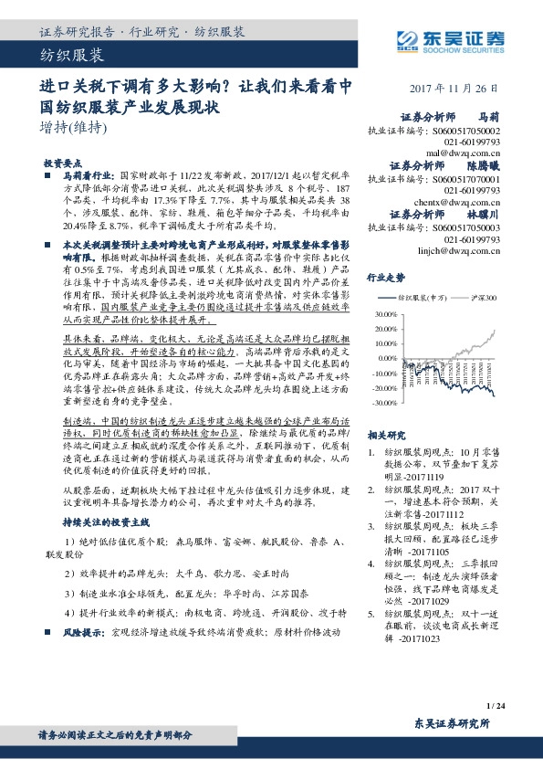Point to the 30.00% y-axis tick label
[x=385, y=314]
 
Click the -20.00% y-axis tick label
[x=385, y=389]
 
